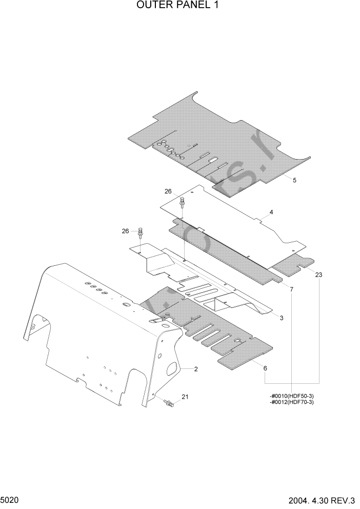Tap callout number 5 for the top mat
pyautogui.click(x=294, y=180)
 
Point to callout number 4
pyautogui.click(x=271, y=212)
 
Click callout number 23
pyautogui.click(x=319, y=276)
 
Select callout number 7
pyautogui.click(x=291, y=290)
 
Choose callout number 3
pyautogui.click(x=282, y=318)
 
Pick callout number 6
pyautogui.click(x=265, y=368)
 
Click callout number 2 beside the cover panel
pyautogui.click(x=196, y=369)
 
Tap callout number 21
pyautogui.click(x=185, y=397)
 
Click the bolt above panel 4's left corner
pyautogui.click(x=182, y=204)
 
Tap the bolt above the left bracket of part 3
pyautogui.click(x=141, y=235)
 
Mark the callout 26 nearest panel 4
pyautogui.click(x=168, y=191)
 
